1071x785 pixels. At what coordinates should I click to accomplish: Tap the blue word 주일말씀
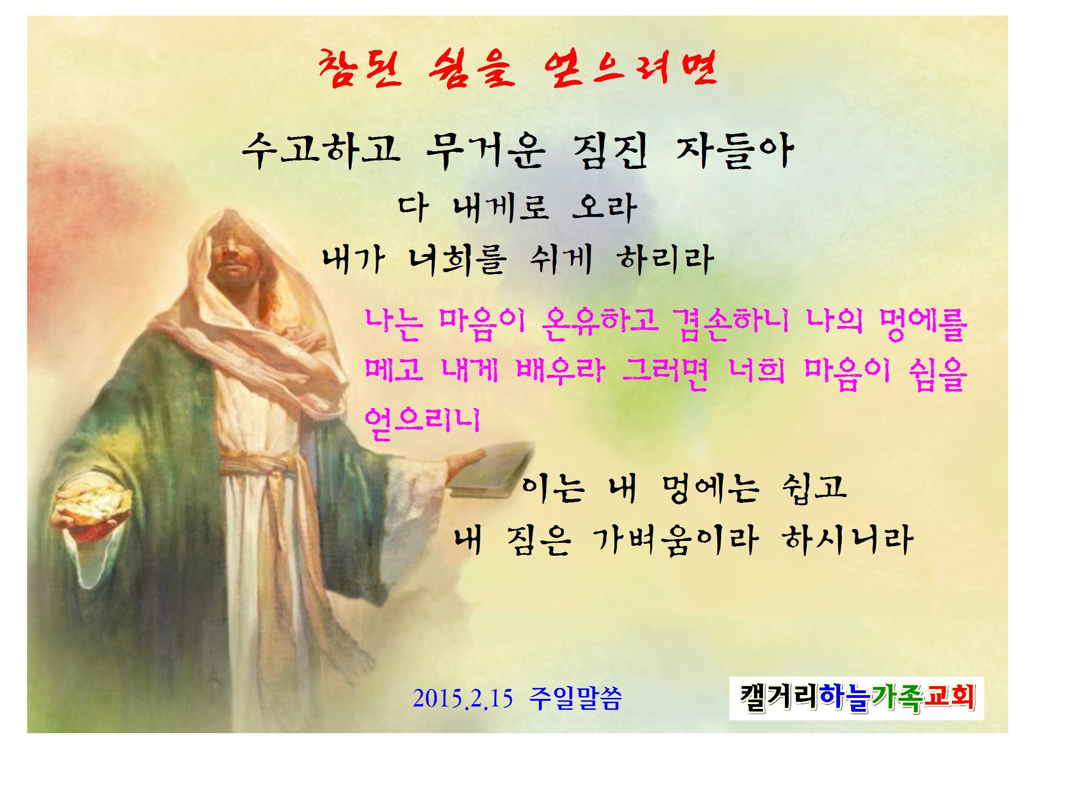[x=575, y=699]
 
